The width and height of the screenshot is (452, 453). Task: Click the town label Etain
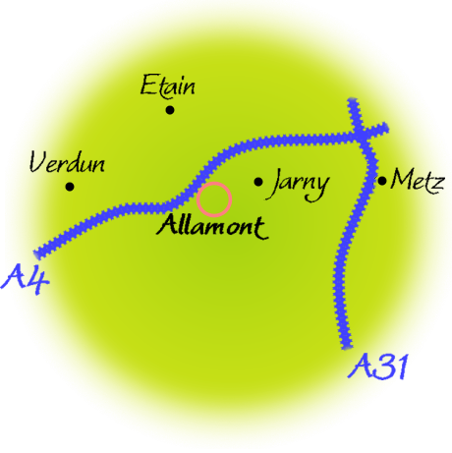click(x=168, y=86)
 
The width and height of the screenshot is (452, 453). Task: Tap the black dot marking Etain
click(x=169, y=110)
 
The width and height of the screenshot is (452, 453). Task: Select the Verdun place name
click(x=67, y=162)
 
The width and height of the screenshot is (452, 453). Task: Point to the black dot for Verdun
click(x=70, y=187)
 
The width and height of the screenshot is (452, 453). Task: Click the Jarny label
click(x=300, y=185)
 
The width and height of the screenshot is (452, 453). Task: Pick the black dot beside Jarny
click(x=258, y=182)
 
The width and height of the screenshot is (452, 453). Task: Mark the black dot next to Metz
click(x=382, y=181)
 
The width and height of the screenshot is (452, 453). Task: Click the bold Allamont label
click(x=212, y=227)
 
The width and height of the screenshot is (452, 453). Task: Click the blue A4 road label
click(x=26, y=279)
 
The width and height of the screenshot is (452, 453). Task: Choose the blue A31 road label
click(x=377, y=367)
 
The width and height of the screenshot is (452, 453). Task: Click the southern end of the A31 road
click(x=347, y=347)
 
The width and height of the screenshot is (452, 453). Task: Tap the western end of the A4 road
click(x=38, y=255)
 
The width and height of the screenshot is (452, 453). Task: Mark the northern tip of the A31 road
click(x=352, y=99)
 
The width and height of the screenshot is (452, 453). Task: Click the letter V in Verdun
click(x=37, y=161)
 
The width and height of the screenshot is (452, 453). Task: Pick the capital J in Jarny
click(x=276, y=184)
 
